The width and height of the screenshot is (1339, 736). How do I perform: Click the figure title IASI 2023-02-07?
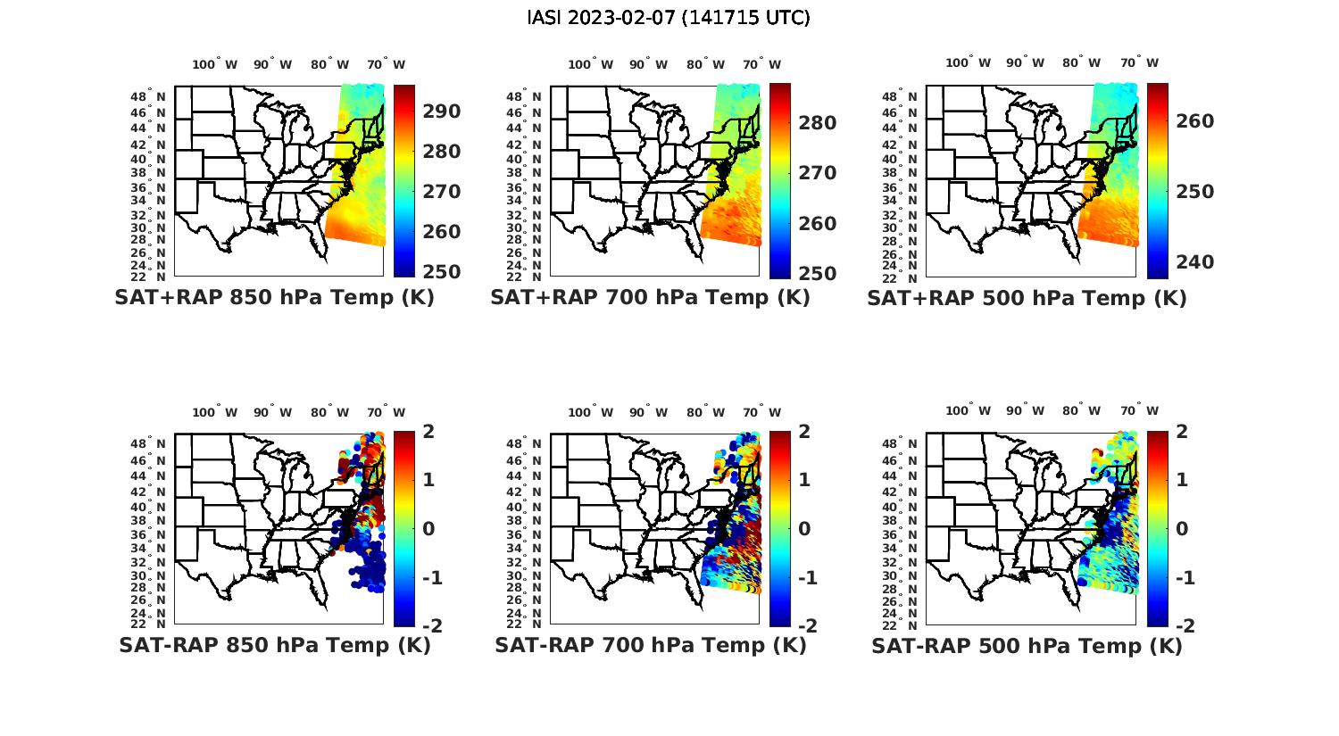coord(669,18)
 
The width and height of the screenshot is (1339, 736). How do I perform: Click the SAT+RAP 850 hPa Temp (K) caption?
coord(274,298)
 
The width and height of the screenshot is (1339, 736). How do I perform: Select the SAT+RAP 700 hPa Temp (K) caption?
coord(650,298)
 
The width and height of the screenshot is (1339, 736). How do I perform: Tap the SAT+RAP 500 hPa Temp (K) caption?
coord(1027,299)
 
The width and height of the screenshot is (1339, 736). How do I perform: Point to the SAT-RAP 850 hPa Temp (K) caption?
coord(274,645)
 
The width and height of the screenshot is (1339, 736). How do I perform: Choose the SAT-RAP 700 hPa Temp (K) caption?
coord(650,645)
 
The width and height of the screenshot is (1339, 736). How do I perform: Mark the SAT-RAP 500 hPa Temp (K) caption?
coord(1027,646)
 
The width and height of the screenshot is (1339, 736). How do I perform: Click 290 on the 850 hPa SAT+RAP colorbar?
coord(441,112)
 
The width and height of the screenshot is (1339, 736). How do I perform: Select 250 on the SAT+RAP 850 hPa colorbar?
coord(441,272)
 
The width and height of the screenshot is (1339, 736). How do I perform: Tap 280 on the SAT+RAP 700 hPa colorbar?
coord(817,123)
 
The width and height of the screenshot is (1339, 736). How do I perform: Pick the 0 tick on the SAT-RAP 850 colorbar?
coord(428,528)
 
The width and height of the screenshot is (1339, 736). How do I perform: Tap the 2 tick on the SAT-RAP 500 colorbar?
coord(1183,432)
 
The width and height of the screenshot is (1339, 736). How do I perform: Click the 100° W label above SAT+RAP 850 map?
coord(214,64)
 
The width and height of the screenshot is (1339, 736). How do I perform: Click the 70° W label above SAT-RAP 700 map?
coord(761,412)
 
